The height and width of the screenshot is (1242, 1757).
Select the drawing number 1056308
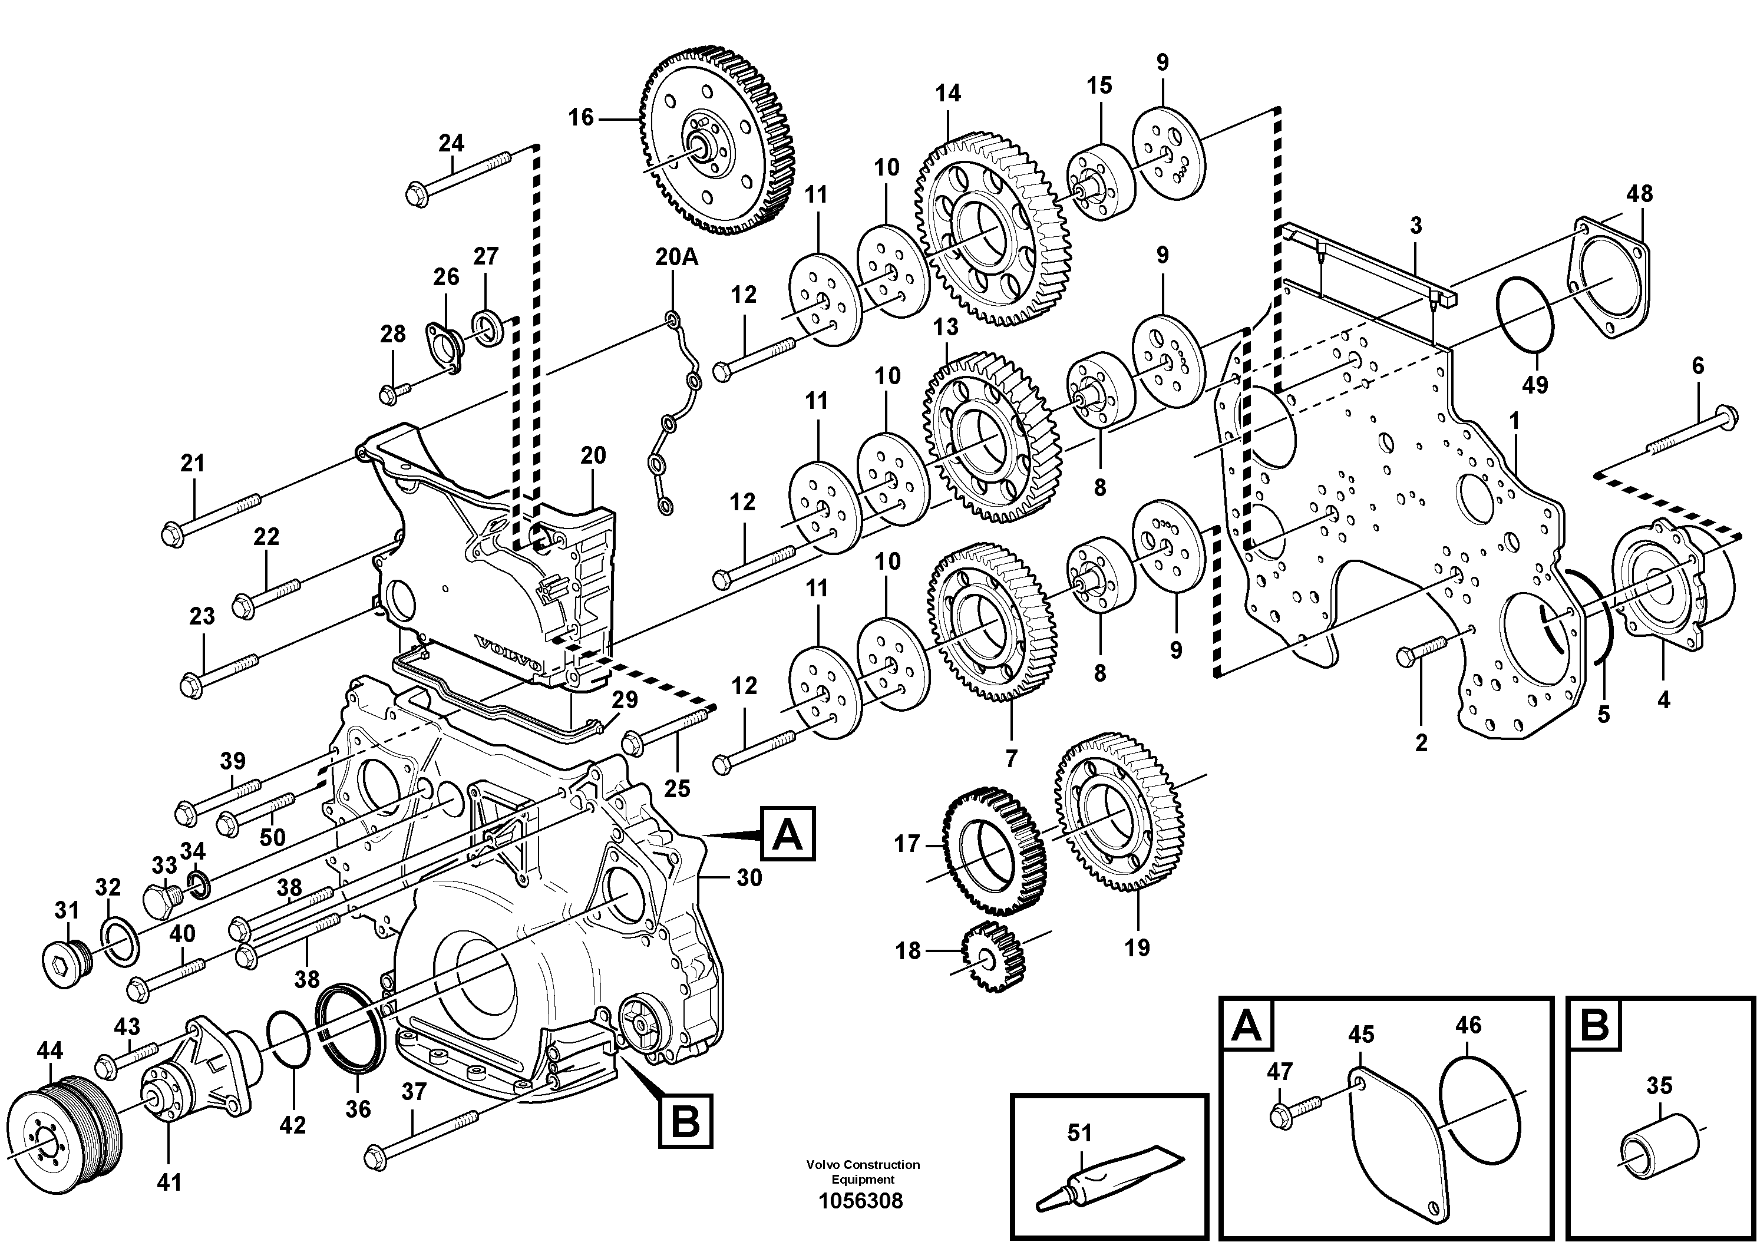coord(861,1201)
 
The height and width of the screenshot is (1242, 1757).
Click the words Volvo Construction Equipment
coord(863,1172)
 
